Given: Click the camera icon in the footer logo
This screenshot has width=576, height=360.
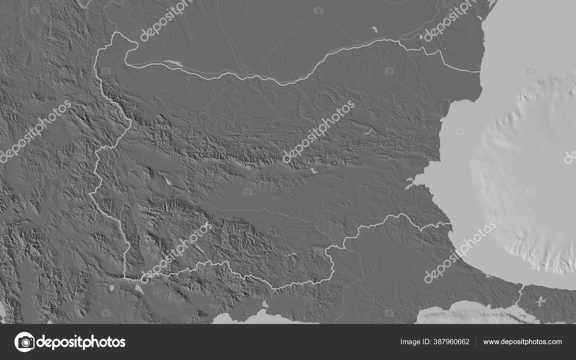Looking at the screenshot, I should pyautogui.click(x=24, y=342).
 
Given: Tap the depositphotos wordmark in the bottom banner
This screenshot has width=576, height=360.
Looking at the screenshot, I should pyautogui.click(x=81, y=342).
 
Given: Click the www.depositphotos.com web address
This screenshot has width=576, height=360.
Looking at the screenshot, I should pyautogui.click(x=522, y=342).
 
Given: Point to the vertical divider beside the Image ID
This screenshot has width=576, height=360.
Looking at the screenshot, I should pyautogui.click(x=476, y=342).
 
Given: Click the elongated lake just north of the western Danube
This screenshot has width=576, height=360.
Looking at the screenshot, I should pyautogui.click(x=172, y=63).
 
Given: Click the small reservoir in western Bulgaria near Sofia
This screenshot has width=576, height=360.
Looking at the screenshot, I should pyautogui.click(x=168, y=182).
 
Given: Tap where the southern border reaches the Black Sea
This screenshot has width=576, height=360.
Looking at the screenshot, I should pyautogui.click(x=450, y=224).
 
